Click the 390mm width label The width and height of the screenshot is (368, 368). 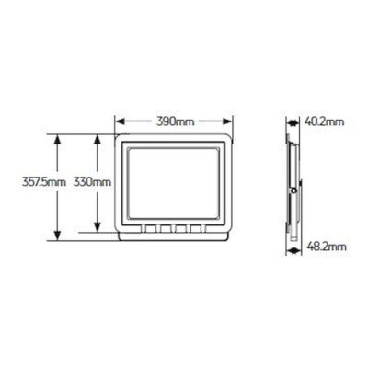(176, 121)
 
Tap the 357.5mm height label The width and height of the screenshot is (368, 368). (44, 182)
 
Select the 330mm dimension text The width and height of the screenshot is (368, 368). (92, 182)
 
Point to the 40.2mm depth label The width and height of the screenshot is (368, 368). (325, 121)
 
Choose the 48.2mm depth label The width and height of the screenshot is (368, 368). (327, 247)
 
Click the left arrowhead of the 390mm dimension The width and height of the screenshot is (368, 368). (120, 121)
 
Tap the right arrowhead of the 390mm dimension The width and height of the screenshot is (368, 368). (227, 121)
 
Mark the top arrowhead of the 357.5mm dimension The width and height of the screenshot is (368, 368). (57, 140)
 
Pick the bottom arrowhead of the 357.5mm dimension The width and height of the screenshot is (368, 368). (57, 236)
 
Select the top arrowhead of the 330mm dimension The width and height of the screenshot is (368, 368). (98, 140)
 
